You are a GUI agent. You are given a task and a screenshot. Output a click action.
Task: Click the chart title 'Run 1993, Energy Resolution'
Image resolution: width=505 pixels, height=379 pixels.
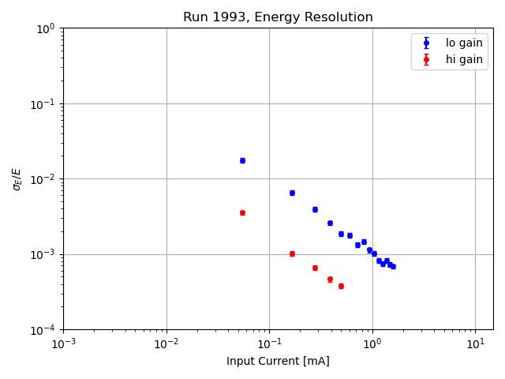tap(278, 17)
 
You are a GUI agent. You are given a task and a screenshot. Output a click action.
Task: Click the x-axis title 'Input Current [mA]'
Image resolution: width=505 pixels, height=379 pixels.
tap(278, 361)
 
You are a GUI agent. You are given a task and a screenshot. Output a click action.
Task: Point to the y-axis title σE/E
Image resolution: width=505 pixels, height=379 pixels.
tap(17, 178)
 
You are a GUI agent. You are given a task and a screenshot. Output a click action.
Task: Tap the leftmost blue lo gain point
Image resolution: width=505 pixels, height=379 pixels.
tap(242, 160)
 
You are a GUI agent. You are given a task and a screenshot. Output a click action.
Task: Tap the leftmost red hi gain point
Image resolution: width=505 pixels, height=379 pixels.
tap(242, 212)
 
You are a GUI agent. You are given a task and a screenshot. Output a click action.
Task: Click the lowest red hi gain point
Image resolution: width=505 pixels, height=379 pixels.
tap(341, 286)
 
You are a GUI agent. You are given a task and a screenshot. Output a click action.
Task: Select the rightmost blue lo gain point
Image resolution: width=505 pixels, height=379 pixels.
tap(393, 266)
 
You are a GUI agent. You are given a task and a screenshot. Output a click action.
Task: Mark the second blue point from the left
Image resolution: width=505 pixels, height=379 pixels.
tap(292, 193)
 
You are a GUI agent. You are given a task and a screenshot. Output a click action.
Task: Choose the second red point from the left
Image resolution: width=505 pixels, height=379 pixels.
tap(292, 253)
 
